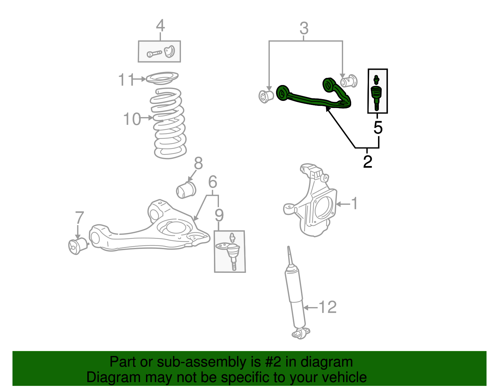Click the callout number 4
[160, 26]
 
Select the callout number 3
[304, 28]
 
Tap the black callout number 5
[378, 128]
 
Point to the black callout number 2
[368, 162]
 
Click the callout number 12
[327, 307]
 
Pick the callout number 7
[80, 218]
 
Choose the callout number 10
[132, 119]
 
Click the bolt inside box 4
[154, 54]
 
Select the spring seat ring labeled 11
[162, 78]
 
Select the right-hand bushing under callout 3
[349, 82]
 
